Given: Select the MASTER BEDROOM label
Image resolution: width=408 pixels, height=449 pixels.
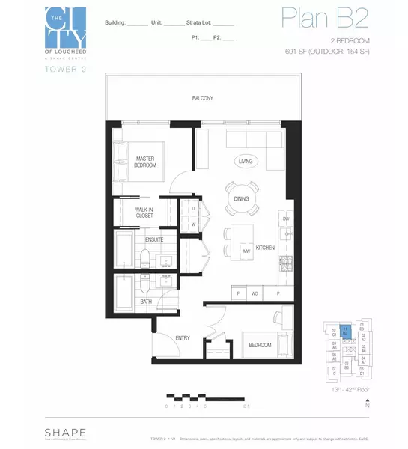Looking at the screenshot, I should coord(145,162).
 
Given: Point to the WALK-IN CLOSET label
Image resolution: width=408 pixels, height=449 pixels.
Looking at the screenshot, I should coord(144,213).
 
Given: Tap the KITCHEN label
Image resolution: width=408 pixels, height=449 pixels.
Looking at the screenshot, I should coord(265,247).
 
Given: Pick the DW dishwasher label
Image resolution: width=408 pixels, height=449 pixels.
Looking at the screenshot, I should coord(285,219).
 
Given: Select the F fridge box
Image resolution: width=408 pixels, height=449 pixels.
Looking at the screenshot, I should coord(239,293).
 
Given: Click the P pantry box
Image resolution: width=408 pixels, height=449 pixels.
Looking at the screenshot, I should coord(278,293).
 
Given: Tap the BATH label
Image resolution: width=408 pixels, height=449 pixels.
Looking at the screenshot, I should coord(146,302).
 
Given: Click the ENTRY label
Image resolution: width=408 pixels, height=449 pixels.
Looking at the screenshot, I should coord(183,338).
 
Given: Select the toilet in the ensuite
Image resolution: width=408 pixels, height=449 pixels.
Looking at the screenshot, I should coord(145,258).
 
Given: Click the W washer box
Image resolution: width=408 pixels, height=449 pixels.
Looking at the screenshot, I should coord(193,223).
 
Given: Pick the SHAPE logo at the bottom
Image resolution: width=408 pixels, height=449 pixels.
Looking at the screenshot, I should coord(64,433).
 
